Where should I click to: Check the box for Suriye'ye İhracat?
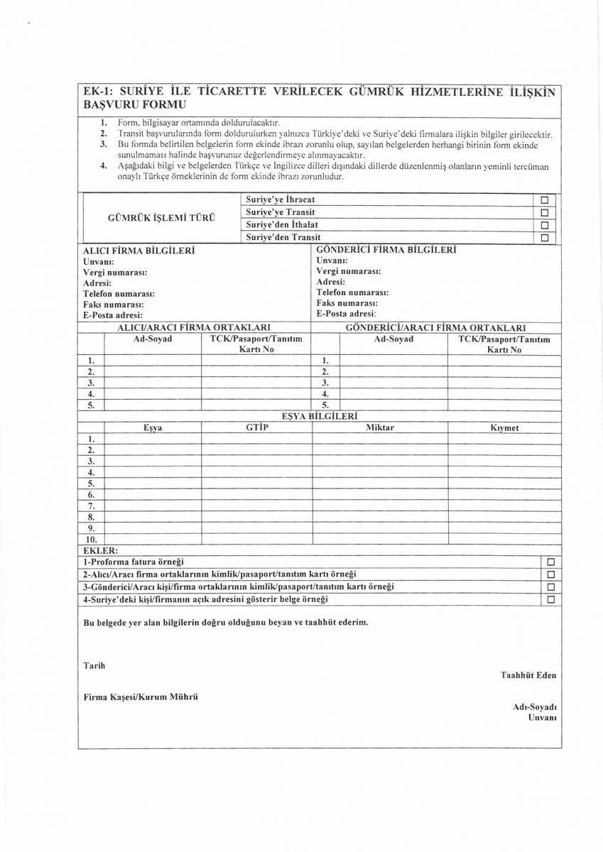pos(545,200)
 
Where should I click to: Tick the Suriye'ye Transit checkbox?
pos(545,212)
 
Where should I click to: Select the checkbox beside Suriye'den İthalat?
pos(545,225)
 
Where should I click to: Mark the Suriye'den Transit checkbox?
pos(545,238)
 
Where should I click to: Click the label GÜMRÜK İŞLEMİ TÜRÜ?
pos(161,218)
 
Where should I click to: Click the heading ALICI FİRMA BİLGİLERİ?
pos(139,251)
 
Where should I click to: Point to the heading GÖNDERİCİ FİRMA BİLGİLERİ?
pos(386,250)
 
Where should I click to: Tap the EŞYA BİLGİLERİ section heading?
pos(319,415)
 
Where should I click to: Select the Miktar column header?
pos(380,427)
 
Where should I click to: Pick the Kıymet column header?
pos(504,428)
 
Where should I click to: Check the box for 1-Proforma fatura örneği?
pos(550,562)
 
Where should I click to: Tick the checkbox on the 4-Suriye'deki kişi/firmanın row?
pos(550,600)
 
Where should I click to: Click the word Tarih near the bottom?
pos(94,665)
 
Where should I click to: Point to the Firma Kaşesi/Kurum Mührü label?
pos(141,697)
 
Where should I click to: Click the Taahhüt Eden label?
pos(528,675)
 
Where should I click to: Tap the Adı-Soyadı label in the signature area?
pos(534,707)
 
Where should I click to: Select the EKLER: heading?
pos(100,550)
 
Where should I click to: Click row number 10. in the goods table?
pos(91,540)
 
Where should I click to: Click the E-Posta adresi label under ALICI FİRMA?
pos(113,315)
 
